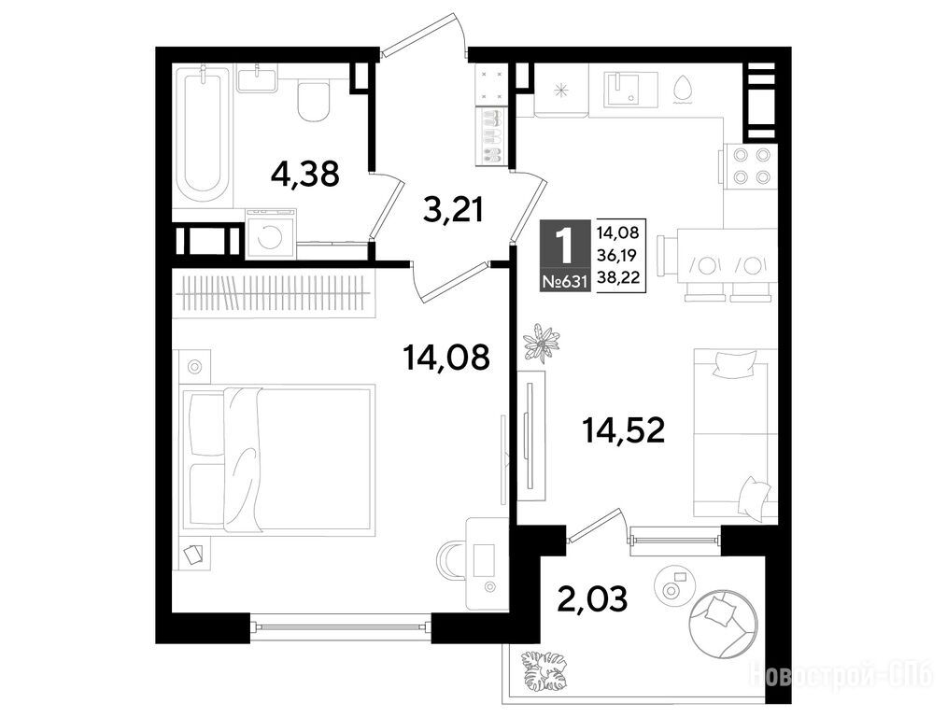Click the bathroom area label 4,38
click(x=305, y=175)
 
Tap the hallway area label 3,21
click(x=454, y=210)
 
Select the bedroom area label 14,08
click(x=446, y=358)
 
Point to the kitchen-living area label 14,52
click(x=623, y=430)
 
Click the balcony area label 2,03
click(x=592, y=599)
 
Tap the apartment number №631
click(x=565, y=281)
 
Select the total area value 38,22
click(x=619, y=277)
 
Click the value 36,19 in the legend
click(x=619, y=255)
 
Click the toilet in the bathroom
click(x=314, y=99)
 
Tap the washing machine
click(x=271, y=233)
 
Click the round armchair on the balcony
click(x=724, y=623)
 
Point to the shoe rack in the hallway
click(x=493, y=137)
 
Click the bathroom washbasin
click(x=257, y=78)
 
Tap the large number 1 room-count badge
click(x=565, y=246)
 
